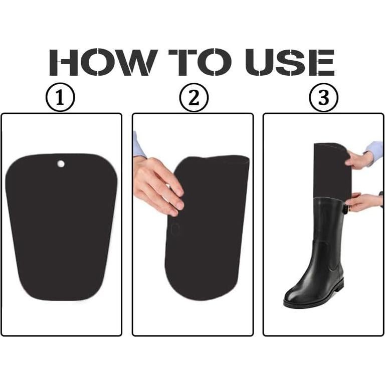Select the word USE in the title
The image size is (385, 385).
(x=290, y=63)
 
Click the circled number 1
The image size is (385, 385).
(x=60, y=98)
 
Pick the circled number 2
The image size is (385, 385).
(x=193, y=98)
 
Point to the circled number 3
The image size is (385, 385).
(x=323, y=98)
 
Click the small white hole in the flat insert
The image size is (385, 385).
(x=61, y=163)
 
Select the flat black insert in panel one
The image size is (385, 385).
(x=62, y=231)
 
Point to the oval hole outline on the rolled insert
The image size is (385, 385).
(x=175, y=230)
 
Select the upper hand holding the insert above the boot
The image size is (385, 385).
(x=360, y=159)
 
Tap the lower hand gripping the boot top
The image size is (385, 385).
(x=362, y=202)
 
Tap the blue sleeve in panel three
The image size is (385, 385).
(x=375, y=149)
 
